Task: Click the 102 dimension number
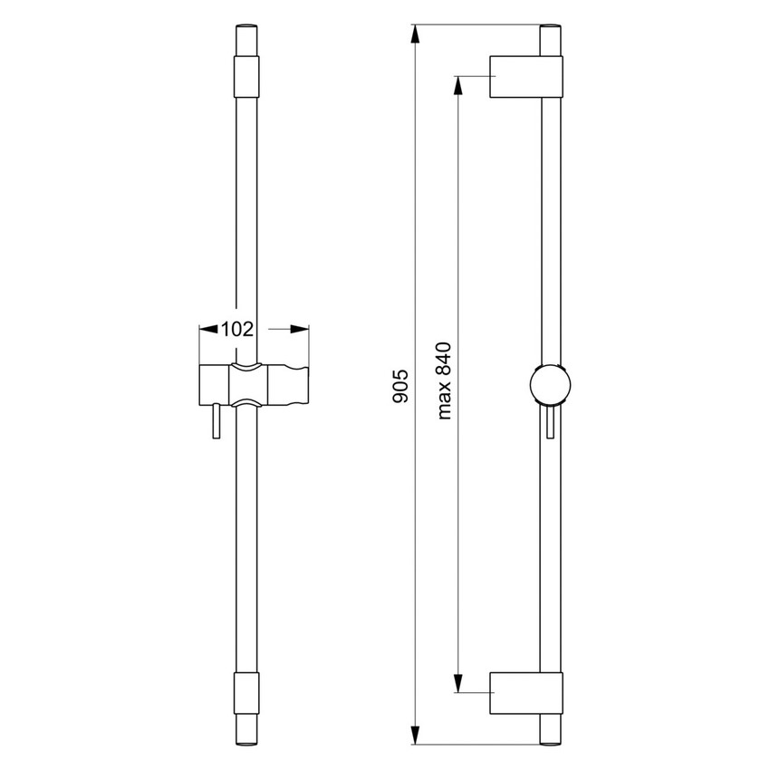(x=236, y=330)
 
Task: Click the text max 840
(x=445, y=381)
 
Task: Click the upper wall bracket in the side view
(x=526, y=77)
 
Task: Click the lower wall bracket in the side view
(x=526, y=692)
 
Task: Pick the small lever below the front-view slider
(x=216, y=421)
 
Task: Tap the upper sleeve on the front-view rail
(x=245, y=76)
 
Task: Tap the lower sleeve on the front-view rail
(x=245, y=694)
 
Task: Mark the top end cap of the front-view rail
(x=245, y=42)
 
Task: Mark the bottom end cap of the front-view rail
(x=245, y=730)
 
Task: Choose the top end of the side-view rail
(x=551, y=41)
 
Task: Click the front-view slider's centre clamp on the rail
(x=245, y=384)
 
